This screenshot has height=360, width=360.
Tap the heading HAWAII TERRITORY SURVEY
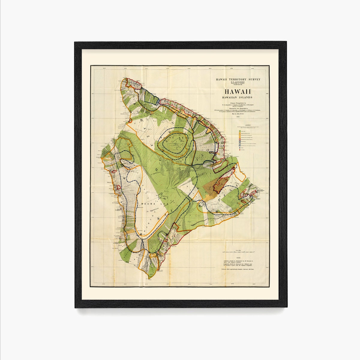(237, 79)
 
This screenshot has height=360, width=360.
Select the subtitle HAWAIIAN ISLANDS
(237, 97)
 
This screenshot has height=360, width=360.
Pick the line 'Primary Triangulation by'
(237, 103)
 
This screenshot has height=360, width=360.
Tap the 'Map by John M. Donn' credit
(237, 114)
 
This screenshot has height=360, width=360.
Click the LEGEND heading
(248, 124)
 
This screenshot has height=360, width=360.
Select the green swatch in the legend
(240, 131)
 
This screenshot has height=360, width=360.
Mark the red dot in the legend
(240, 150)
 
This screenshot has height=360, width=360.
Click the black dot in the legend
(240, 148)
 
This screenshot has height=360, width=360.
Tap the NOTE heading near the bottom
(238, 258)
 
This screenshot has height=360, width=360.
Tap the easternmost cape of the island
(263, 191)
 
